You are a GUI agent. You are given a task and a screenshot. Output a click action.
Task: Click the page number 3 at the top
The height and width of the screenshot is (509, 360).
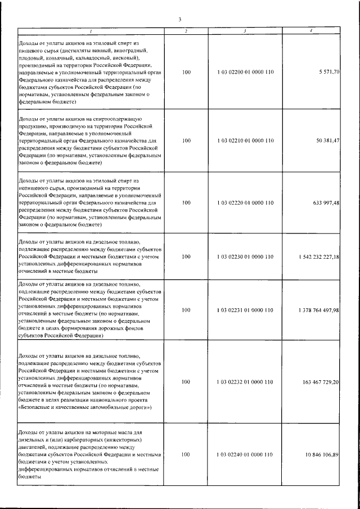(179, 20)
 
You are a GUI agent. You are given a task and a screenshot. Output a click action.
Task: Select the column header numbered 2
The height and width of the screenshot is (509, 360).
(186, 30)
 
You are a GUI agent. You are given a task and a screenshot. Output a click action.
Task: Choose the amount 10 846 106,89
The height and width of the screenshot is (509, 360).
(319, 453)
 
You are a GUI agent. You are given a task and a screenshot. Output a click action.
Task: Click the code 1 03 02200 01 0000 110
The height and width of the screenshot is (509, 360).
(245, 73)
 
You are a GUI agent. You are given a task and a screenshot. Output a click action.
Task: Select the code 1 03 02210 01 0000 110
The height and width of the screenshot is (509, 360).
(245, 140)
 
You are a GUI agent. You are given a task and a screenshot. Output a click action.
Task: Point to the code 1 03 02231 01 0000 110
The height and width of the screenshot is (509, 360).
(245, 310)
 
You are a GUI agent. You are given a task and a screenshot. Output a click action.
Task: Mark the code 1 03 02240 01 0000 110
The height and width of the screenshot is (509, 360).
(245, 453)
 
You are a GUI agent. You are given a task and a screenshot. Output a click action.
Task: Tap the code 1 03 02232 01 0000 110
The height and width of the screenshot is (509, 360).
(245, 381)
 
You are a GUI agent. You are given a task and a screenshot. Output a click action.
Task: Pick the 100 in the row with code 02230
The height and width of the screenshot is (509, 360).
(187, 256)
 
